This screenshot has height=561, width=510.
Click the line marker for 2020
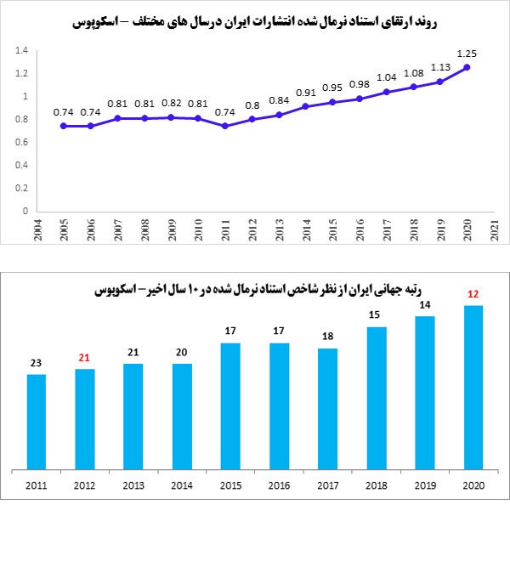pos(467,67)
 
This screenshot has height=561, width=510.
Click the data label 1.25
pos(467,54)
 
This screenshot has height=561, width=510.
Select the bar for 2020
pos(473,387)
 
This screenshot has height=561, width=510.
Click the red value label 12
pos(473,294)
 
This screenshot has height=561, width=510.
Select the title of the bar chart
pos(255,290)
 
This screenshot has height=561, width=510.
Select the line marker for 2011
pos(225,126)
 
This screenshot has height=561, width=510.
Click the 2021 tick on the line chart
pos(494,229)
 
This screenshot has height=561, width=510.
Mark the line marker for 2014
pos(306,106)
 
